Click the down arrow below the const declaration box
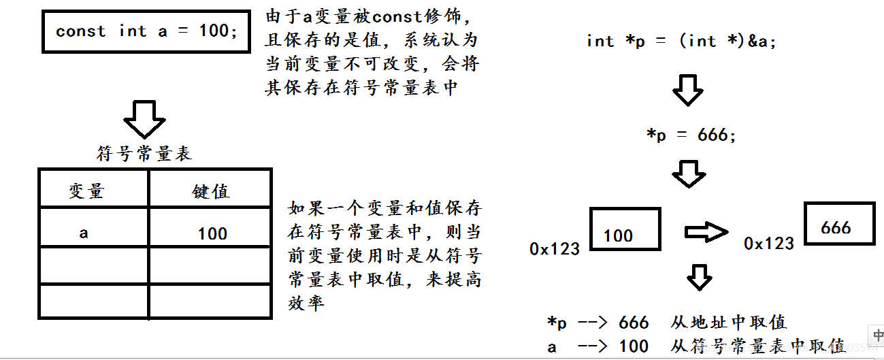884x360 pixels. pos(144,119)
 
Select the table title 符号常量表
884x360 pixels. pos(144,154)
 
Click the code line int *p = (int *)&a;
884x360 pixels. pos(681,41)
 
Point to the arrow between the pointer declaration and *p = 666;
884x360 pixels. pos(687,89)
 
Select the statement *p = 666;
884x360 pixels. pos(691,135)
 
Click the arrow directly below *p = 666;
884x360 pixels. pos(689,174)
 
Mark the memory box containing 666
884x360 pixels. pos(840,223)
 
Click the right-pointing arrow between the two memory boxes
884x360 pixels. pos(706,232)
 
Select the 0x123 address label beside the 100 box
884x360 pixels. pos(555,248)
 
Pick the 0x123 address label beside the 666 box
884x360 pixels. pos(769,243)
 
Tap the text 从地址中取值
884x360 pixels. pos(728,322)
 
